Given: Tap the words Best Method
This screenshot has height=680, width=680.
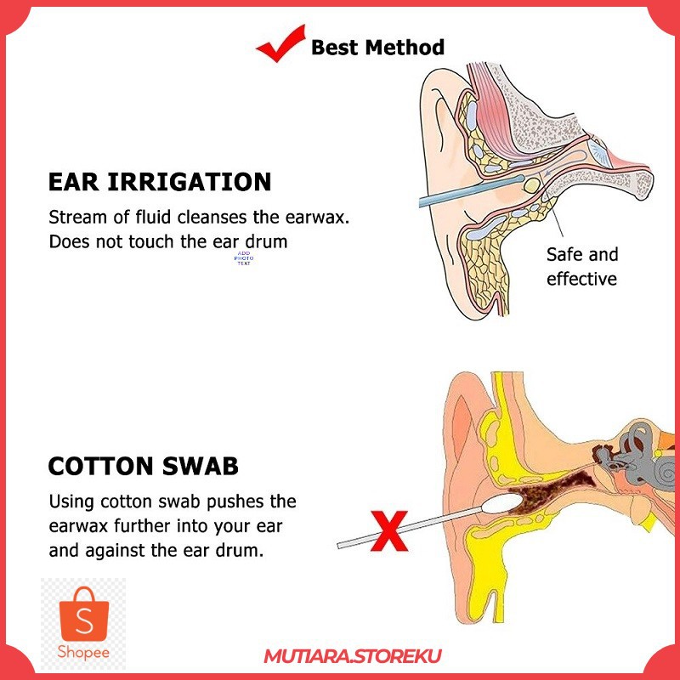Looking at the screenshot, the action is [x=377, y=48].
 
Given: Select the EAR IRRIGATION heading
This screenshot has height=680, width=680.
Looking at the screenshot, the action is [x=160, y=182].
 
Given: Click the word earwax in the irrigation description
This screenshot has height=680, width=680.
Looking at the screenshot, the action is [x=317, y=218].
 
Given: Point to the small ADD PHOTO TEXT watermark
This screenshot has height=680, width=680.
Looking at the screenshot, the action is [x=244, y=258].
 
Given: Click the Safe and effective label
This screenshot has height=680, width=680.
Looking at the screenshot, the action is [x=582, y=267].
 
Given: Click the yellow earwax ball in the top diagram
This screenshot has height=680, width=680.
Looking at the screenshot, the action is [x=532, y=185].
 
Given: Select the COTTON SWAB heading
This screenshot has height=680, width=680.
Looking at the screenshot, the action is [x=143, y=466].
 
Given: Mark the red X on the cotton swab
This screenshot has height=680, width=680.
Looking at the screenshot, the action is [x=389, y=530].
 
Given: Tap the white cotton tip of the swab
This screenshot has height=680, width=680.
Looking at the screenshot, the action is [x=501, y=505].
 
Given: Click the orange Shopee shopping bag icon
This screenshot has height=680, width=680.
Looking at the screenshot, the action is [x=83, y=614].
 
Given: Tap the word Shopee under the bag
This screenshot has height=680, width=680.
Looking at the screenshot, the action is [x=83, y=652].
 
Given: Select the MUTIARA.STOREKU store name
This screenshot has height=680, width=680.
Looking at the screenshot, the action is [x=353, y=656].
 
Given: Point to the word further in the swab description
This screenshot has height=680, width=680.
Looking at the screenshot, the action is [x=141, y=526].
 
